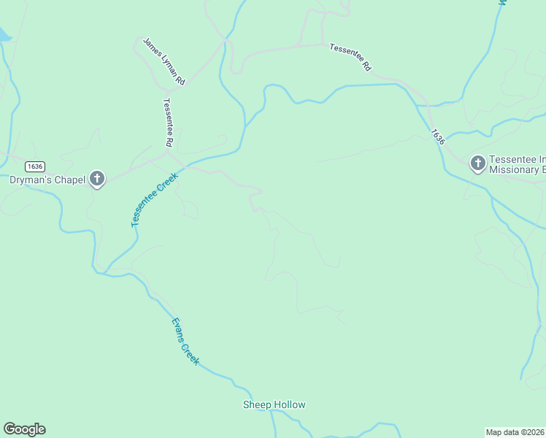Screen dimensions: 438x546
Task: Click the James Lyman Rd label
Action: pyautogui.click(x=164, y=62)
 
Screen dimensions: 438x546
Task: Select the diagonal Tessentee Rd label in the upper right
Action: pyautogui.click(x=350, y=58)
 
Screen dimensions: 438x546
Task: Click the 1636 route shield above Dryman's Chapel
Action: pyautogui.click(x=34, y=166)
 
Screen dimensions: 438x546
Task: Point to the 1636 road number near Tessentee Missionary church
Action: pyautogui.click(x=437, y=137)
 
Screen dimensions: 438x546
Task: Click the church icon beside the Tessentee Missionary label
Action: pyautogui.click(x=477, y=164)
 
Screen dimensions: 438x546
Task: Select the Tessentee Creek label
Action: pyautogui.click(x=154, y=199)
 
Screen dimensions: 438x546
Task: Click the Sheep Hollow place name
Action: pyautogui.click(x=274, y=404)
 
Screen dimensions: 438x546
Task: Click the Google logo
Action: pyautogui.click(x=24, y=429)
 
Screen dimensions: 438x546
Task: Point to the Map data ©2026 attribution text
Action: pyautogui.click(x=515, y=432)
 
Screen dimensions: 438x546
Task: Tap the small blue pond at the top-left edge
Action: pyautogui.click(x=4, y=34)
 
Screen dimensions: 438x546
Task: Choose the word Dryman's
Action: pyautogui.click(x=31, y=180)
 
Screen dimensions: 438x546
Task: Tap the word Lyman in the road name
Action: pyautogui.click(x=168, y=65)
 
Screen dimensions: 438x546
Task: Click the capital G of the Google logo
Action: pyautogui.click(x=9, y=429)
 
